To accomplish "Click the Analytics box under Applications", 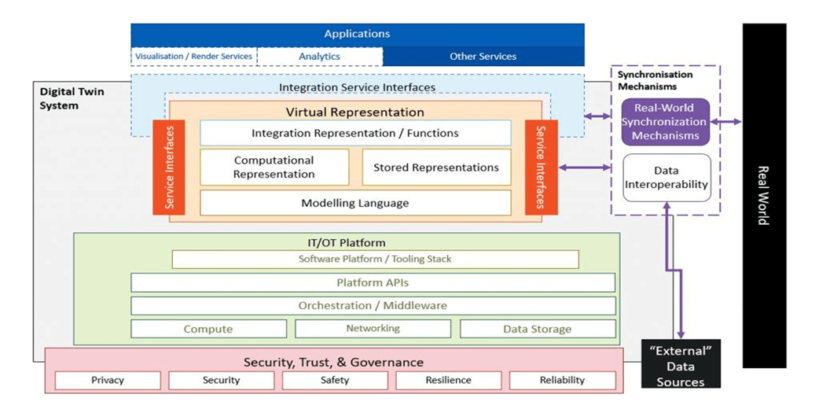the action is pos(320,57).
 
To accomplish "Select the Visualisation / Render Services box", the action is pos(194,57).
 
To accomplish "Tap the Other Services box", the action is pos(483,57).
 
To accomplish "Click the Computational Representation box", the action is pos(274,168).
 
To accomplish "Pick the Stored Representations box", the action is pos(436,168).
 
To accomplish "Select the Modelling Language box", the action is pos(355,203).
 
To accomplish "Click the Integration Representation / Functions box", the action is pos(355,133).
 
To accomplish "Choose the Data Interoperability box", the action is pos(667,178).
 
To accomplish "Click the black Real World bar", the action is pos(764,196).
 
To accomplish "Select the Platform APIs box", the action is pos(373,283).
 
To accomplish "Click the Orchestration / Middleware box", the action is pos(373,306).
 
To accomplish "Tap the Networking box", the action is pos(373,329).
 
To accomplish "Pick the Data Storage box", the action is pos(538,329).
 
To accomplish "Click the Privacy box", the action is pos(108,380).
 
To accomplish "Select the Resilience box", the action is pos(448,380).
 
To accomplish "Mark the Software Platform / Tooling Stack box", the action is pos(375,259).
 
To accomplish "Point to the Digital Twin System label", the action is pos(72,98).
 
